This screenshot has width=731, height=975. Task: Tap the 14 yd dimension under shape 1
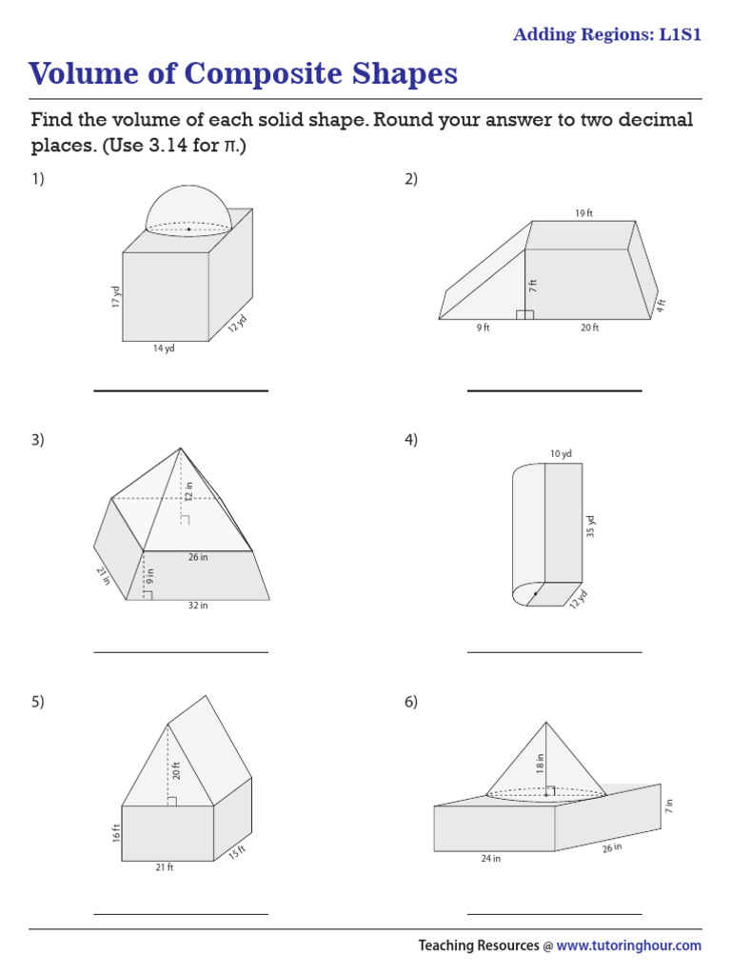[x=164, y=349]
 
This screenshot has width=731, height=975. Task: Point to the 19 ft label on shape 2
[x=583, y=213]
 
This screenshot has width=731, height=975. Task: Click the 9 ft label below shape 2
[x=483, y=328]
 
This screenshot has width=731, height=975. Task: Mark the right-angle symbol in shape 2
[x=524, y=314]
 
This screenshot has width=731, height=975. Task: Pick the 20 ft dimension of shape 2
[x=589, y=328]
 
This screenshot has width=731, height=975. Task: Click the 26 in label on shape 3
[x=197, y=557]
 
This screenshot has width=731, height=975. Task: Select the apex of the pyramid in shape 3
[x=181, y=448]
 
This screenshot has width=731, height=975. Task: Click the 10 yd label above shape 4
[x=561, y=454]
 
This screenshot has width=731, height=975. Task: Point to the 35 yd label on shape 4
[x=590, y=527]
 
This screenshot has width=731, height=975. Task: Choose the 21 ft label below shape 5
[x=164, y=867]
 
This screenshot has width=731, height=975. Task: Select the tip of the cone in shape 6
[x=546, y=720]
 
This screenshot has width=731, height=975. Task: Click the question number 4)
[x=411, y=440]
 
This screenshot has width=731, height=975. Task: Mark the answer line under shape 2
[x=554, y=390]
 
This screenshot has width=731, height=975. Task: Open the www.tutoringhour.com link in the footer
[x=628, y=945]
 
